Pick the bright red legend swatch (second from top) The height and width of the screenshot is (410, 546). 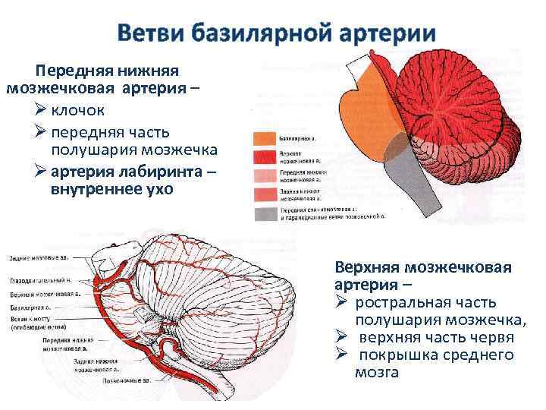[265, 158]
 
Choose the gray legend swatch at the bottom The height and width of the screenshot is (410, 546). [265, 210]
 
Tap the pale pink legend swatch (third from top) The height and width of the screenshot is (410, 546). [265, 175]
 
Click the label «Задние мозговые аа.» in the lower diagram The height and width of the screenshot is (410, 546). [38, 258]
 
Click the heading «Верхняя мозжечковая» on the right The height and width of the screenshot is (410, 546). [423, 269]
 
